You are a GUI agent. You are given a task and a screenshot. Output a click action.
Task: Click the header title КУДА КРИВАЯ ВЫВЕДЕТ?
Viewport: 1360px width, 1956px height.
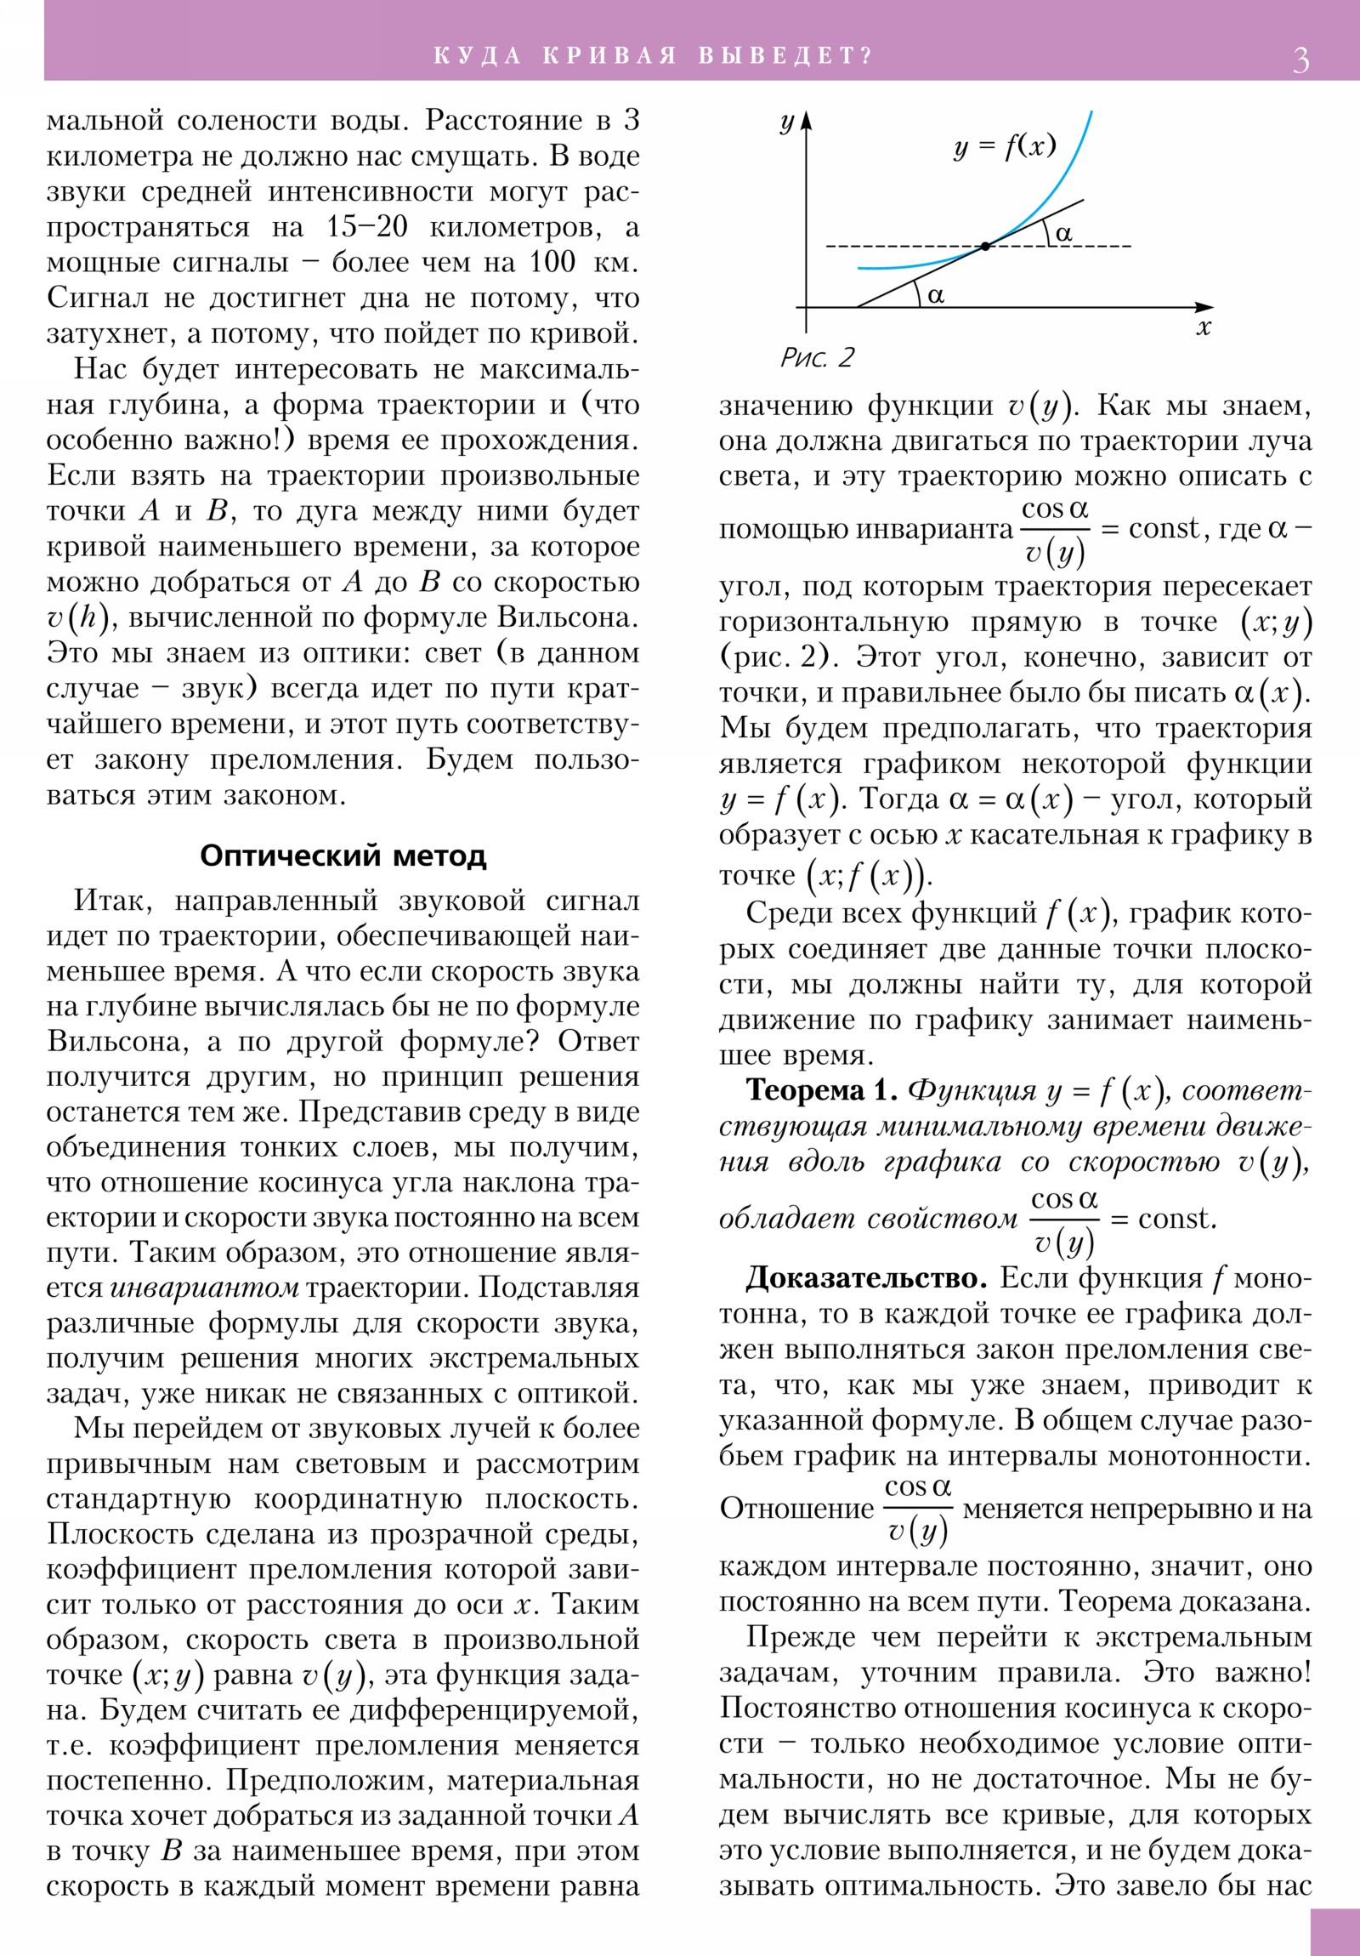[x=653, y=56]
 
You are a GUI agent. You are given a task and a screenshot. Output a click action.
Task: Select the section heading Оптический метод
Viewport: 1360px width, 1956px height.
[x=343, y=855]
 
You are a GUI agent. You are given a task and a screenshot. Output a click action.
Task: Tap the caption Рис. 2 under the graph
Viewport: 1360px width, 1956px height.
[x=817, y=357]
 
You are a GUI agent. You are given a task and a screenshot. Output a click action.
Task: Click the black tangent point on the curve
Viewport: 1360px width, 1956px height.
[x=985, y=247]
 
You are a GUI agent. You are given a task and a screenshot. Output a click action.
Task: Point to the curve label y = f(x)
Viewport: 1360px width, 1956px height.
[x=1004, y=146]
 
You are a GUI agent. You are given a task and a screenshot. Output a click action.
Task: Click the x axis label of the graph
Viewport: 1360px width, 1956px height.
[x=1204, y=327]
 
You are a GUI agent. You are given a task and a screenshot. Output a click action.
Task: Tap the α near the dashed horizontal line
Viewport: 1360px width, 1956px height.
[x=1063, y=231]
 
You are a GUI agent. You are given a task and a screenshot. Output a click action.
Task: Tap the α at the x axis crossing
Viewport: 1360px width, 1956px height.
[x=935, y=295]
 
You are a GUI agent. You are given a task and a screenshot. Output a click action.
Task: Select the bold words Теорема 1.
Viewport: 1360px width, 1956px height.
[x=822, y=1090]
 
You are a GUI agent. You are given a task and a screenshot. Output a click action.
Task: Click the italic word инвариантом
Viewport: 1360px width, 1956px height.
[x=204, y=1288]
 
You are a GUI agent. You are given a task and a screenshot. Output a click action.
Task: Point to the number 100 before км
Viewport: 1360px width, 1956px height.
[x=552, y=262]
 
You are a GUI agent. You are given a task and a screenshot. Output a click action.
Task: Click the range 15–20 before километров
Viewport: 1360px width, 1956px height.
[x=367, y=226]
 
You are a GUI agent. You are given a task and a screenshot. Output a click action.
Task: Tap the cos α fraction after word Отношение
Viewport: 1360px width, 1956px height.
[x=917, y=1510]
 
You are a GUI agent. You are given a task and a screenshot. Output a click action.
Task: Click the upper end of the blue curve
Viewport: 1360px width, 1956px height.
[x=1091, y=113]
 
